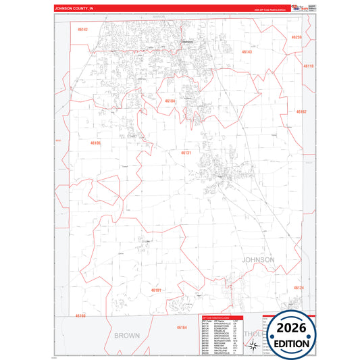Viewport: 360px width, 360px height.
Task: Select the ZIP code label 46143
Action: click(x=247, y=51)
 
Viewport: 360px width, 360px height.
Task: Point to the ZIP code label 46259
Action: click(x=297, y=37)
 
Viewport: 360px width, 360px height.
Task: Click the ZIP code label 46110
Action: click(x=308, y=66)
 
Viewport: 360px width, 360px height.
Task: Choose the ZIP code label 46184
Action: click(x=170, y=101)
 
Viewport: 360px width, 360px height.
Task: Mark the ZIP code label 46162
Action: click(x=301, y=111)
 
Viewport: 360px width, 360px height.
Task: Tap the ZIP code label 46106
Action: click(x=95, y=143)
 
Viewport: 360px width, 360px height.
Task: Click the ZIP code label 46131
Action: click(x=186, y=153)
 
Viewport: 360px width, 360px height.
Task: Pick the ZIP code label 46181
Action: click(x=156, y=290)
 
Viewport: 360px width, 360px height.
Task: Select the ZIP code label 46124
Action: click(x=299, y=288)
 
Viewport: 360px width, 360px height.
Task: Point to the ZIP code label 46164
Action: click(x=182, y=327)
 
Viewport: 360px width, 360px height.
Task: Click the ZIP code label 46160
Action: click(x=81, y=315)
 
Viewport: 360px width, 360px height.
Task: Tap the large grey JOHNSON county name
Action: click(x=258, y=259)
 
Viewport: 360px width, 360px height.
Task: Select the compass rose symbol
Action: click(x=253, y=346)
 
